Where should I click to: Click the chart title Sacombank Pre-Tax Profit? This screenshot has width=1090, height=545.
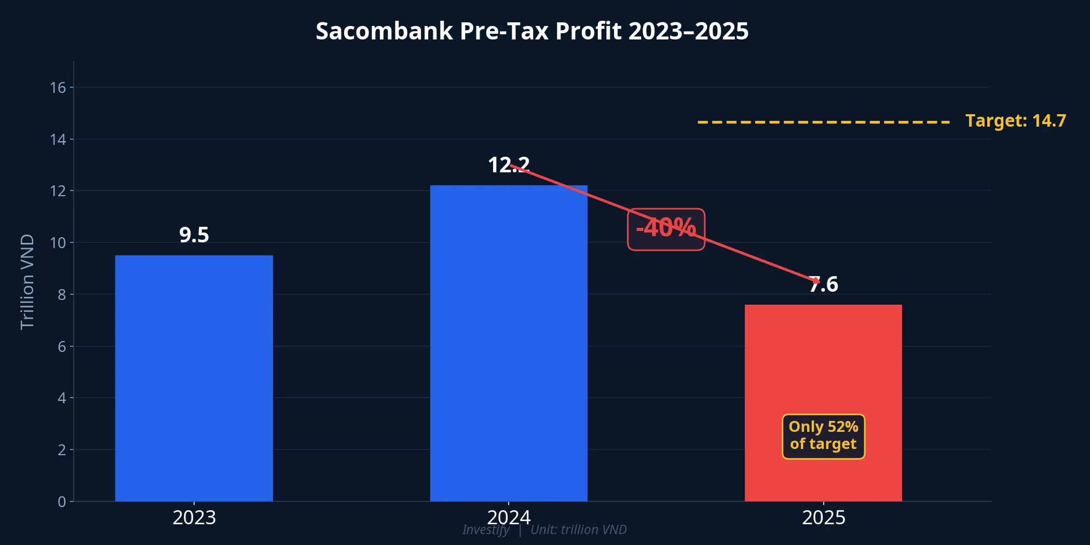click(x=532, y=31)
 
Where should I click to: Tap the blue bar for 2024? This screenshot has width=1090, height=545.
click(x=509, y=343)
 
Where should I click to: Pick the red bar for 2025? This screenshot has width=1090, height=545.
click(x=823, y=363)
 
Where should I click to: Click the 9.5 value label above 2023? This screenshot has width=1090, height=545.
click(x=194, y=235)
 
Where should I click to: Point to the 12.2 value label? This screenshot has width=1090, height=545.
click(x=509, y=165)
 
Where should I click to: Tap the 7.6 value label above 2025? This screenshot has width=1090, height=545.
click(x=824, y=284)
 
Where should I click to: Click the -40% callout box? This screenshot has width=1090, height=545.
click(x=666, y=229)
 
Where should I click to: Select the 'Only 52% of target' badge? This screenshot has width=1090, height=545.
click(x=823, y=436)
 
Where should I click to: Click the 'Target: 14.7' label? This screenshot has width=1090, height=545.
click(x=1015, y=121)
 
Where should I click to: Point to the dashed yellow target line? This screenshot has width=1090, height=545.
click(x=823, y=122)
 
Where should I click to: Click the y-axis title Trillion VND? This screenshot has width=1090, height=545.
click(x=27, y=282)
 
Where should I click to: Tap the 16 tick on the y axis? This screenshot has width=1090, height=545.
click(x=58, y=88)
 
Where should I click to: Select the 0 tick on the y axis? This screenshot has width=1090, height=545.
click(x=62, y=502)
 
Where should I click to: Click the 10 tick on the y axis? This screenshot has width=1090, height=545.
click(x=58, y=243)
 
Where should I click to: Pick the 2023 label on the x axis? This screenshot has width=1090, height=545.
click(x=194, y=518)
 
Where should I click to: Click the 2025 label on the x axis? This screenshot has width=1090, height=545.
click(x=824, y=518)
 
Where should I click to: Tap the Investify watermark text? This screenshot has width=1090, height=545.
click(x=486, y=530)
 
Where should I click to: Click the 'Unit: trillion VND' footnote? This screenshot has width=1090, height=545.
click(x=579, y=530)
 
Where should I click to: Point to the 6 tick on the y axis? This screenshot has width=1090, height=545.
click(x=62, y=347)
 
